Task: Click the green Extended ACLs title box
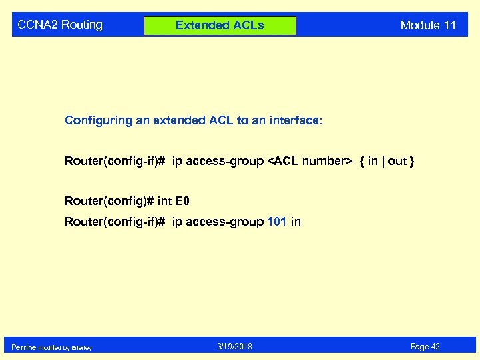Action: tap(220, 25)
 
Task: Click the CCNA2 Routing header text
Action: tap(60, 25)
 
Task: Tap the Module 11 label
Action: tap(428, 25)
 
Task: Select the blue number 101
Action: tap(276, 222)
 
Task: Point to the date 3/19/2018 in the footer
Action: tap(234, 347)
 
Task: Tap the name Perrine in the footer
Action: tap(24, 347)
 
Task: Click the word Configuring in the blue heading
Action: tap(93, 120)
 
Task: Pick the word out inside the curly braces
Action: tap(397, 161)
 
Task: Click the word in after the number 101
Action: tap(296, 222)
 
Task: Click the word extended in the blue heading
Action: tap(178, 120)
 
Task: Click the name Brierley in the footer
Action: tap(83, 347)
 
